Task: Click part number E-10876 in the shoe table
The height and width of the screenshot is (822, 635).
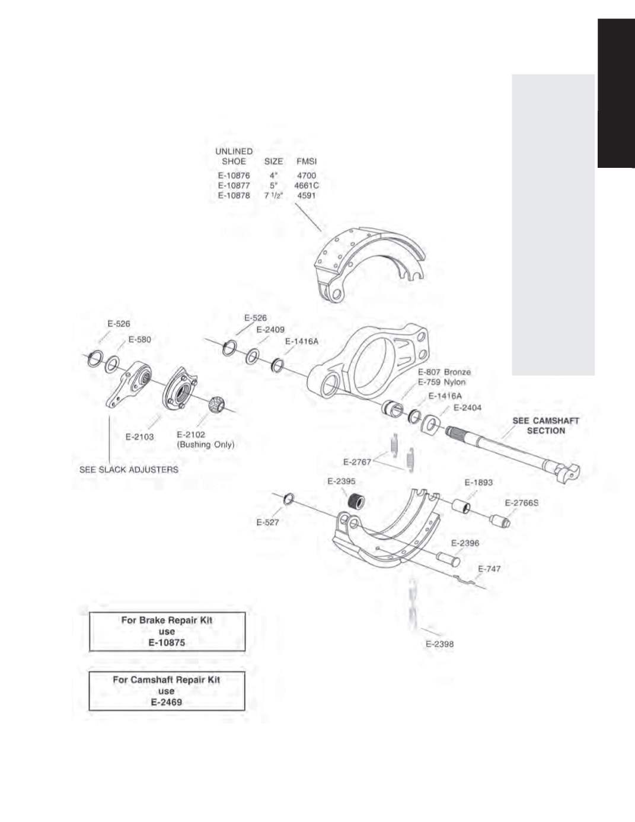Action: (x=234, y=176)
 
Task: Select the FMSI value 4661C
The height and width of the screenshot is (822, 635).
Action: (x=307, y=186)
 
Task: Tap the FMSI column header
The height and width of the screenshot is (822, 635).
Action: (x=307, y=161)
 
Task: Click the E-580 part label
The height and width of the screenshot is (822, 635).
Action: (x=139, y=340)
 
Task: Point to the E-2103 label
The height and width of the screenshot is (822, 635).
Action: (x=139, y=437)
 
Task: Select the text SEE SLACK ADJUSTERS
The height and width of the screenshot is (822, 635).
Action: (x=129, y=470)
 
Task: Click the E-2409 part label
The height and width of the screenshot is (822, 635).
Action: (x=270, y=330)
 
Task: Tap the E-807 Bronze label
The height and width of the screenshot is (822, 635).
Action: (x=445, y=372)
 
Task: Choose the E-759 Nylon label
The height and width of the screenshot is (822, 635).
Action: (x=442, y=382)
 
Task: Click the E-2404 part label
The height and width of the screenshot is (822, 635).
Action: (x=467, y=408)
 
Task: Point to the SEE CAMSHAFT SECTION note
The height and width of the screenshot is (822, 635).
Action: (x=545, y=426)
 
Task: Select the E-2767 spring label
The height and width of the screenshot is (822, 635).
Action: (x=357, y=462)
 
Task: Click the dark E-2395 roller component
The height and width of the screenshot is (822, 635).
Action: (x=356, y=501)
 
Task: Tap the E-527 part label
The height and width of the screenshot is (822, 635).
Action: (x=267, y=522)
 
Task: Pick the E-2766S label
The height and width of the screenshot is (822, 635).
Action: (x=522, y=503)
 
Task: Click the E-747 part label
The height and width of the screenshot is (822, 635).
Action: (x=489, y=569)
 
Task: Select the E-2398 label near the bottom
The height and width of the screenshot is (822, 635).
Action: (x=439, y=644)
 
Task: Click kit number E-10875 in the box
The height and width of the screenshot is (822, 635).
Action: (x=167, y=643)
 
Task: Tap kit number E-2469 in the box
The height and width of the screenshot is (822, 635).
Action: (x=167, y=702)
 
